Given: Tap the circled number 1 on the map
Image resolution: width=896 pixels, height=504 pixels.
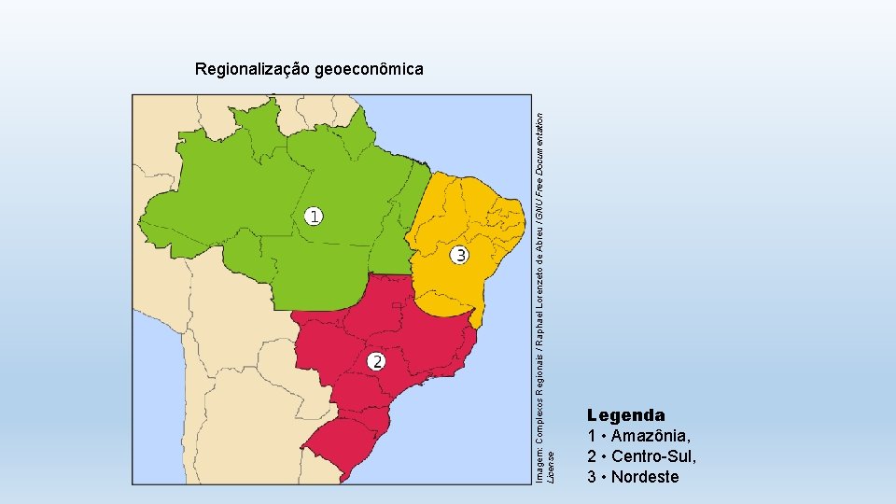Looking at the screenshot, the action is click(x=315, y=217).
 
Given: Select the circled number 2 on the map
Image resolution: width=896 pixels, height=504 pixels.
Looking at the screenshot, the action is click(x=375, y=361).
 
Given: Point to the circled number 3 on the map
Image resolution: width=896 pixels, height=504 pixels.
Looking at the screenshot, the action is click(x=459, y=255).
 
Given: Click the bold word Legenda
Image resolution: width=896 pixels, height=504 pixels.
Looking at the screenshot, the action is click(x=625, y=414).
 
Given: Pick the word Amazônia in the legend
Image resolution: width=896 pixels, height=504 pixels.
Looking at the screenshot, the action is click(x=651, y=436).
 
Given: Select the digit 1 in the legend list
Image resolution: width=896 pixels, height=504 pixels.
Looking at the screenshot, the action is click(x=592, y=436).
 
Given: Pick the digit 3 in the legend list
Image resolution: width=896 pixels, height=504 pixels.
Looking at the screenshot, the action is click(x=592, y=477).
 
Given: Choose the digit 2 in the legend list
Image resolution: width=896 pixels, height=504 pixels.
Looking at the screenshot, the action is click(x=592, y=456).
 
